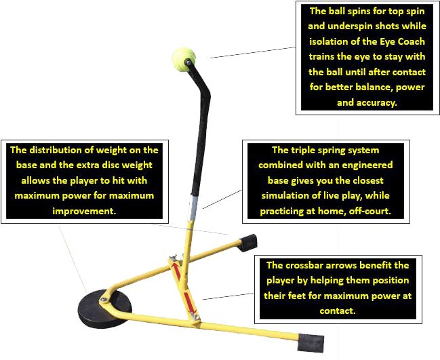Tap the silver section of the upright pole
pos(193,204)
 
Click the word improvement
pos(84,211)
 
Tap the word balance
pos(383,87)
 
